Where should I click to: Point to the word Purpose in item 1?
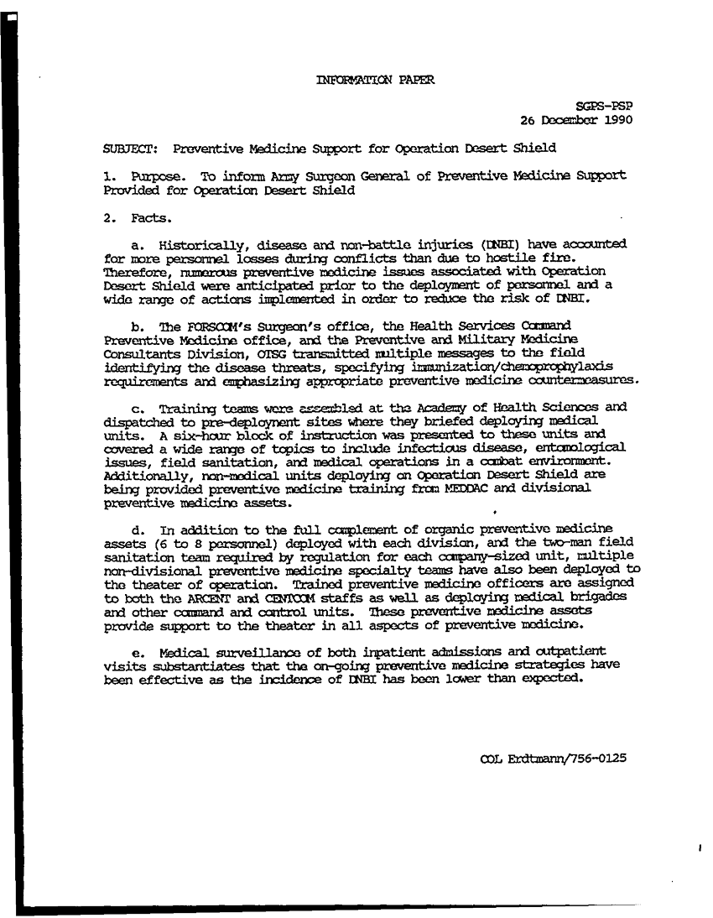(154, 177)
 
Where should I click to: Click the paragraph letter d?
(138, 529)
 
